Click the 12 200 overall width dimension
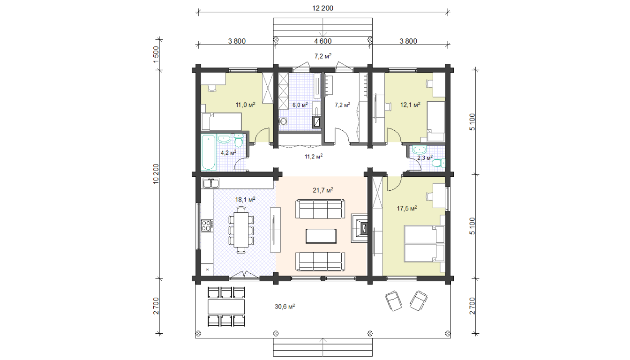322,8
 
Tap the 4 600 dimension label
322,41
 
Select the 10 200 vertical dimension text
156,174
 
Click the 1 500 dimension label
156,54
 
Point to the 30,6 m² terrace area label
285,306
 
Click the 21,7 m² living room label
323,190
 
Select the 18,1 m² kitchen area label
245,200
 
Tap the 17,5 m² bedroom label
407,209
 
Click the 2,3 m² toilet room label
425,158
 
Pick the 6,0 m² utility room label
300,105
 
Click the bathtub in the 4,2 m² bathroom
209,152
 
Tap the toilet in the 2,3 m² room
438,163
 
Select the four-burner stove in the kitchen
206,225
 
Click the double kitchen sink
211,183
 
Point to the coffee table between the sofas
321,236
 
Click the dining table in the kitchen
241,230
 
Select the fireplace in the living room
360,228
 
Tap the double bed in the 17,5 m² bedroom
424,244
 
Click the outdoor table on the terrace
226,307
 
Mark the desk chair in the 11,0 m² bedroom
212,88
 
